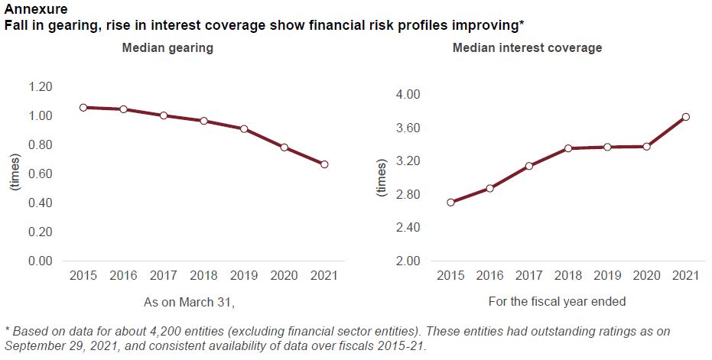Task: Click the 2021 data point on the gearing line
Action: [324, 164]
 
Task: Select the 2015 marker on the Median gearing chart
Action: [83, 108]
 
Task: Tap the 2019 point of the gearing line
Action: [244, 128]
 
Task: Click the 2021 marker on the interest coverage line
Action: [686, 117]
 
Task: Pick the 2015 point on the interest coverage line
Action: [450, 203]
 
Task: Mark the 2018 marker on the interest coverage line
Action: [568, 148]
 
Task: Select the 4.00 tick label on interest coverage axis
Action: [406, 94]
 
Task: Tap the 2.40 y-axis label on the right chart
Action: [406, 228]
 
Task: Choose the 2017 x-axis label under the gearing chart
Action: [163, 275]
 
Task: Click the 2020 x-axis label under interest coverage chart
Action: [646, 275]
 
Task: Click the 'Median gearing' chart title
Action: [167, 48]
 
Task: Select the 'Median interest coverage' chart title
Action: [527, 48]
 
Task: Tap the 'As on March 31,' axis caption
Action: [189, 302]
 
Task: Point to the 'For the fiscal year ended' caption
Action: [557, 302]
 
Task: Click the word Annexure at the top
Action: [31, 10]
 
